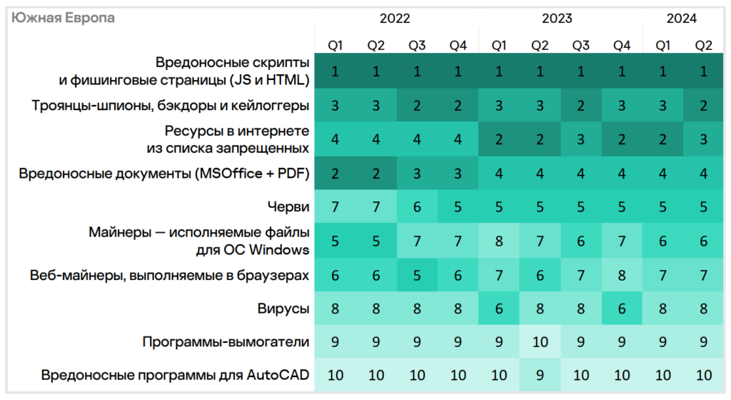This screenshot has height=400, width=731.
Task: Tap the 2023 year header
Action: pyautogui.click(x=558, y=19)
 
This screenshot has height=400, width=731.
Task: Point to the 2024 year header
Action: pyautogui.click(x=682, y=19)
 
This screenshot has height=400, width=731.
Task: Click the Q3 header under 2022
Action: pyautogui.click(x=417, y=46)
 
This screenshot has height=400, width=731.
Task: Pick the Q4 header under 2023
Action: pyautogui.click(x=622, y=46)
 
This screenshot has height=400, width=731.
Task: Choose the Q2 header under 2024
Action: pyautogui.click(x=704, y=46)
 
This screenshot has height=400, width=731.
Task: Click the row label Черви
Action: pyautogui.click(x=293, y=207)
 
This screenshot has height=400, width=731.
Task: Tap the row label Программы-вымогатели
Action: pyautogui.click(x=226, y=342)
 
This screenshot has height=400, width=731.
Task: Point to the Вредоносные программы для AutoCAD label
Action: pyautogui.click(x=176, y=376)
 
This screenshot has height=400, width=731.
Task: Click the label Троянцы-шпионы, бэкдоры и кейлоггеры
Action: pyautogui.click(x=171, y=106)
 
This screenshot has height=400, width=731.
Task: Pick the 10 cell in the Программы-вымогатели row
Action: pyautogui.click(x=540, y=342)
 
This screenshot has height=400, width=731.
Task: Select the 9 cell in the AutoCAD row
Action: pyautogui.click(x=540, y=376)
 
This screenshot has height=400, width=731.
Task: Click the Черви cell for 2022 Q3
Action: pyautogui.click(x=417, y=207)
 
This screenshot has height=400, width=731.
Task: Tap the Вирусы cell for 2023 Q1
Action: pyautogui.click(x=499, y=309)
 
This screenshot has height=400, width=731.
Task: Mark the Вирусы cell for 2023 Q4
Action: pyautogui.click(x=622, y=309)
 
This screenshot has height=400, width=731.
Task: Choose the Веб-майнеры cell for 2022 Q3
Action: pyautogui.click(x=417, y=275)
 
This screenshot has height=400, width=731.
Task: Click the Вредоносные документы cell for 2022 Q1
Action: pyautogui.click(x=335, y=174)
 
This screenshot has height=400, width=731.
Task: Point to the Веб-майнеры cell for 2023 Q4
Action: pyautogui.click(x=622, y=275)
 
